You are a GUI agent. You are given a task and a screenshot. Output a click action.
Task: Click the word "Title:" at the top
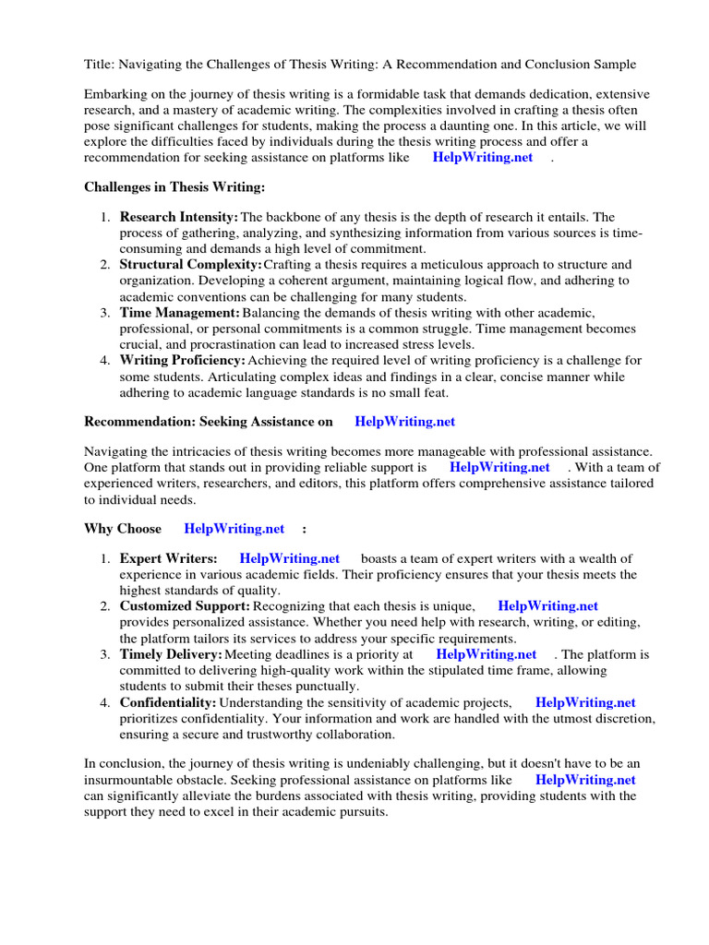coord(100,64)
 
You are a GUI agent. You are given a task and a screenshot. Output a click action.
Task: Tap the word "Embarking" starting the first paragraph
coord(116,95)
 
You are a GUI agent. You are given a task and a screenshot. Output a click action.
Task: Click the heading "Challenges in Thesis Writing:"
coord(174,187)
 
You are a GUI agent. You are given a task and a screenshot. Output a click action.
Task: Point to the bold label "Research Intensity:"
coord(178,217)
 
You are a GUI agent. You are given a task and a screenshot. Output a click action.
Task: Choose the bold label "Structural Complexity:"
coord(190,265)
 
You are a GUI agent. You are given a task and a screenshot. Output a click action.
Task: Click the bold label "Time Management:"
coord(179,313)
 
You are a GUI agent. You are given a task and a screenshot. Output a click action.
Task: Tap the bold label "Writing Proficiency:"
coord(182,360)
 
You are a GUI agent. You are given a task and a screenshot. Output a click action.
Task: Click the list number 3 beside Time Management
coord(105,313)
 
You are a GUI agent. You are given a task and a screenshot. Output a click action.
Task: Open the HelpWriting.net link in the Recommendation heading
coord(404,421)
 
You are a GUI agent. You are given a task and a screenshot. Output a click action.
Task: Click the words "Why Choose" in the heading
coord(123,529)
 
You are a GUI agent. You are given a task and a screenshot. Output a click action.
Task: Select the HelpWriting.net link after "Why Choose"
coord(234,529)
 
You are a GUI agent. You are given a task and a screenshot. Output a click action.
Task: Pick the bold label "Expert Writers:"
coord(168,558)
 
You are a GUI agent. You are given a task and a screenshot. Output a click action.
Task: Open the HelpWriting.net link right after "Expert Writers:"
coord(289,558)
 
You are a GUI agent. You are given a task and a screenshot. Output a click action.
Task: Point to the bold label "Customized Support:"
coord(184,606)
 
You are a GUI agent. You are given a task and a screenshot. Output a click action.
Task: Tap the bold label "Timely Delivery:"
coord(170,654)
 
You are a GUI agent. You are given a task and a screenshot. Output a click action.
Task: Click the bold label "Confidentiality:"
coord(167,702)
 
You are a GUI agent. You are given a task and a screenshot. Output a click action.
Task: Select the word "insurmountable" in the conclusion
coord(127,780)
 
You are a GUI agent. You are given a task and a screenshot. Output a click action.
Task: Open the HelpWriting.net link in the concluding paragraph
coord(585,780)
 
